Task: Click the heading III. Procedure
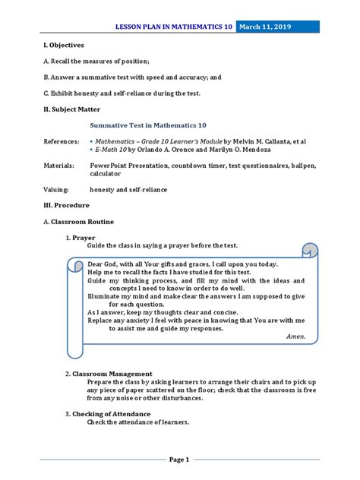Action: (x=67, y=205)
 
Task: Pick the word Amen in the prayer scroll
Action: (x=295, y=336)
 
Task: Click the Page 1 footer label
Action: (x=179, y=459)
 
